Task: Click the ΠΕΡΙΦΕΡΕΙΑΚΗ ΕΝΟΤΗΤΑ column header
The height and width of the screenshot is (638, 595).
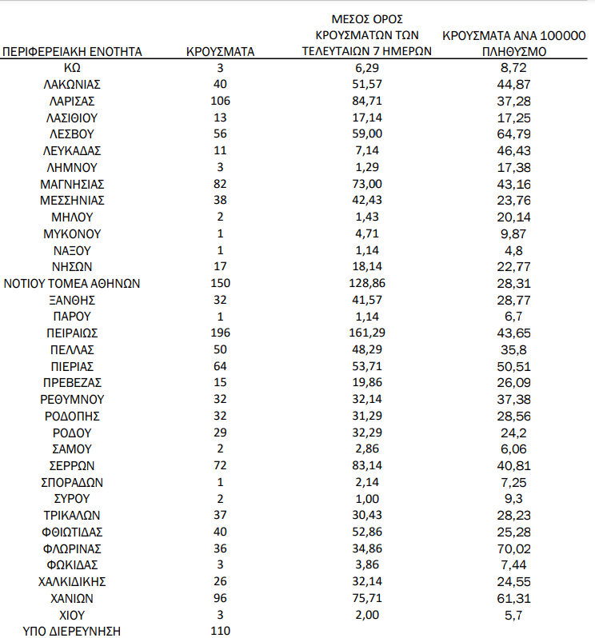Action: pos(73,52)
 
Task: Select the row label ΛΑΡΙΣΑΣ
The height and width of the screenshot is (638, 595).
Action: pos(73,101)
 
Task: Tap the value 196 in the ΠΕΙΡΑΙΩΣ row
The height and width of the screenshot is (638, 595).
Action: pos(221,333)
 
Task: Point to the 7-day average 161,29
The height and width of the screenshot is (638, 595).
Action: pos(367,333)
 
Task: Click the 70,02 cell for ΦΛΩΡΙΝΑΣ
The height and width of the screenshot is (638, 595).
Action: pos(513,548)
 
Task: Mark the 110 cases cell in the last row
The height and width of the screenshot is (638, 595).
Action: pos(221,632)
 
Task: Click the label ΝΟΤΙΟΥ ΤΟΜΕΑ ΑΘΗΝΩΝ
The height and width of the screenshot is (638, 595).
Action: pos(73,283)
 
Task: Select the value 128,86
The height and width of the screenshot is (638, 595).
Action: pos(367,283)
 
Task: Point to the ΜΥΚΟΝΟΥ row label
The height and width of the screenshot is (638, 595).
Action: pos(73,233)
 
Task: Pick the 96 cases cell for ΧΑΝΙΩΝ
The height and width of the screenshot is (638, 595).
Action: pos(221,598)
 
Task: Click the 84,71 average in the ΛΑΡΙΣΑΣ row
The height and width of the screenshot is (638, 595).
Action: pos(367,101)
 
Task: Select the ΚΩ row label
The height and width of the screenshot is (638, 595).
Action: pos(73,68)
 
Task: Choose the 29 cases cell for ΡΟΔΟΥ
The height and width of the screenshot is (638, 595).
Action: pos(221,433)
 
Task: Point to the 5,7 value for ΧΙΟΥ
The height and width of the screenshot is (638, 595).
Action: pos(513,615)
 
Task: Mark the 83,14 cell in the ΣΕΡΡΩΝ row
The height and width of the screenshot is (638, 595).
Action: pos(367,465)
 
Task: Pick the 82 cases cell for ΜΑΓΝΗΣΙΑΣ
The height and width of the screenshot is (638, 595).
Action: pos(221,184)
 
